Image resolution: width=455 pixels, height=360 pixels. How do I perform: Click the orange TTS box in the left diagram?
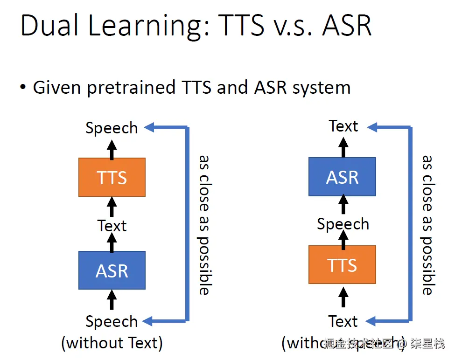coord(112,177)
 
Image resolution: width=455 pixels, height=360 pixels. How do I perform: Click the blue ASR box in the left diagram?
coord(112,270)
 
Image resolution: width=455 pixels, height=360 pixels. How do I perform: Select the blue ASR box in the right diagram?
coord(342,177)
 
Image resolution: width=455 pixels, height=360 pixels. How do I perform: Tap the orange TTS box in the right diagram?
coord(342,265)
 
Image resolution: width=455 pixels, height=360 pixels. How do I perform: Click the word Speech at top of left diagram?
coord(112,128)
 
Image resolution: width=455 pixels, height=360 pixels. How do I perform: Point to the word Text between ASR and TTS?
coord(112,226)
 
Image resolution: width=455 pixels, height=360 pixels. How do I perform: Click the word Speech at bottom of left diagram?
coord(112,321)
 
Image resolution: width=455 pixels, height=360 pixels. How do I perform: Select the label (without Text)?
coord(112,343)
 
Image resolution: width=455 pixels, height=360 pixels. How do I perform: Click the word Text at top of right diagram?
coord(343,126)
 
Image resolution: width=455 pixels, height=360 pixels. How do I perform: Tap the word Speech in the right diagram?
coord(343,224)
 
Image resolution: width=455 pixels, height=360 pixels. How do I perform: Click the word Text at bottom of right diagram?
coord(343,321)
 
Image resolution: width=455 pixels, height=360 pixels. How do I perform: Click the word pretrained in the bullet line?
coord(130,87)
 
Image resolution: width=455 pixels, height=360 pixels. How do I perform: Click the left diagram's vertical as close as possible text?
coord(204,224)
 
